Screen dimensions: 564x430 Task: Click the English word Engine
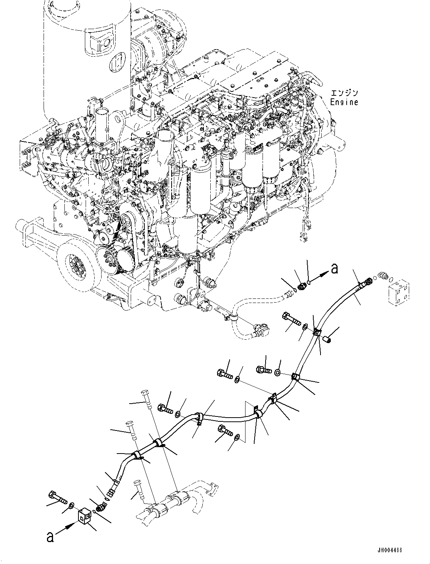point(344,102)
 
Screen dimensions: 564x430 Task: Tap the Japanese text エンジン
point(344,93)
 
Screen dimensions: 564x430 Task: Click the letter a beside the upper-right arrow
point(334,269)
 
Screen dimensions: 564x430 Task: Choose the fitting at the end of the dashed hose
point(261,331)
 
